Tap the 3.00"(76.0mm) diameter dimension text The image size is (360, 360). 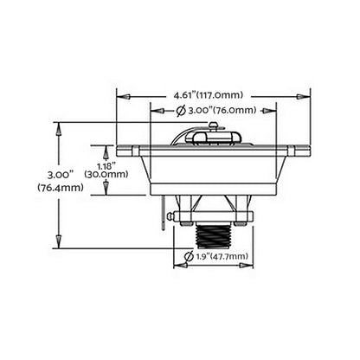[220, 110]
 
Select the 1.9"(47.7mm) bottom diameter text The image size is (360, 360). [223, 257]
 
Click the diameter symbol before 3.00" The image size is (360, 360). [179, 110]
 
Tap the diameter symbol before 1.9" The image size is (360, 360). [190, 257]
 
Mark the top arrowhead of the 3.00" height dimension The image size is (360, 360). [59, 127]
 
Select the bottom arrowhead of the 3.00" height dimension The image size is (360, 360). [59, 244]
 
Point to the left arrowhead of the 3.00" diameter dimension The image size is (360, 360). [154, 110]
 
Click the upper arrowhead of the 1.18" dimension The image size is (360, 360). [108, 147]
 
